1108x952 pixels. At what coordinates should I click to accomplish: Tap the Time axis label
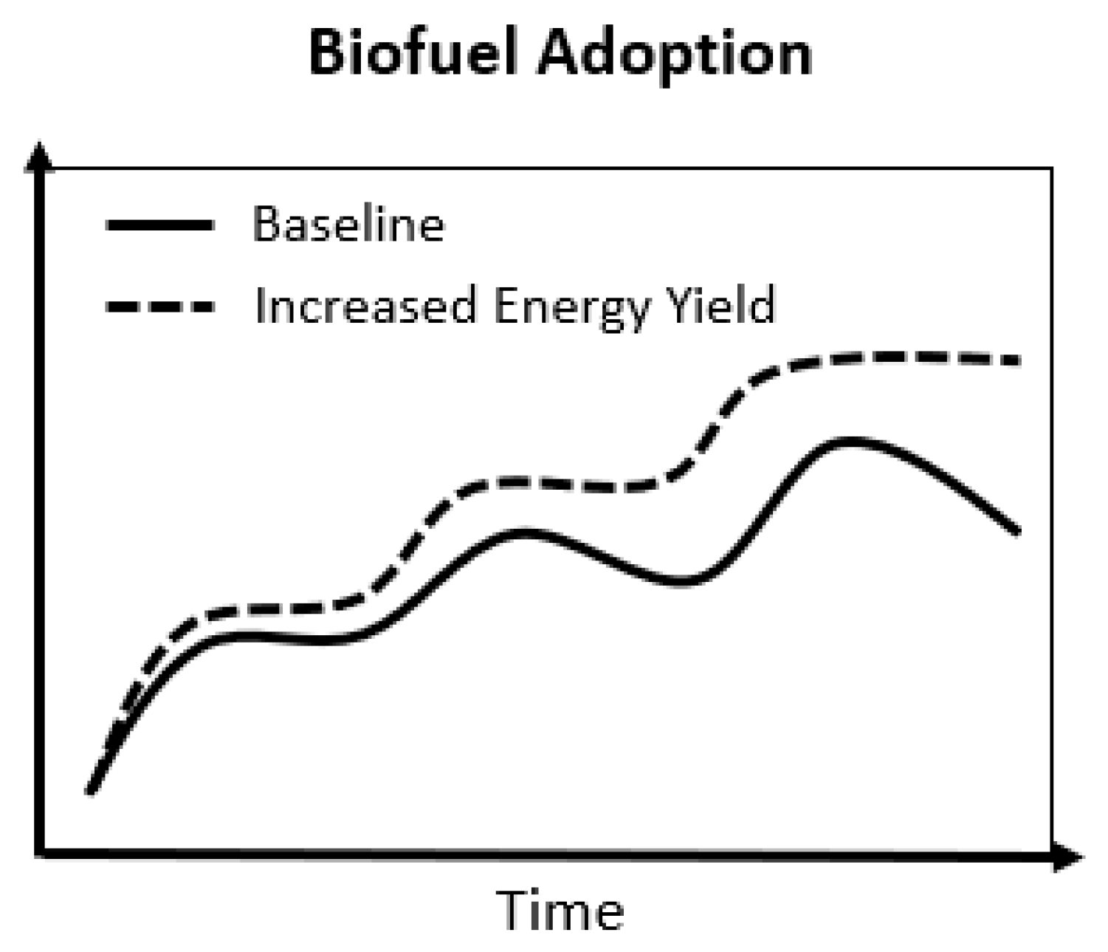(561, 910)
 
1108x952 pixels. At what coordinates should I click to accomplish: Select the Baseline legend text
(348, 224)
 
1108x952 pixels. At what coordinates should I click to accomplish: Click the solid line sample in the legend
(159, 225)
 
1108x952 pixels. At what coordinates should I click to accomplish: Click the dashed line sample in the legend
(159, 306)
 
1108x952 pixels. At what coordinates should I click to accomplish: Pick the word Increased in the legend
(365, 305)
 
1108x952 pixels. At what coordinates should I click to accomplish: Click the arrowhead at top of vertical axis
(40, 157)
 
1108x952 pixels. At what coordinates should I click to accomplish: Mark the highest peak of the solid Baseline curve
(850, 441)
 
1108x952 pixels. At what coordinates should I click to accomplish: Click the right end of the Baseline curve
(1017, 530)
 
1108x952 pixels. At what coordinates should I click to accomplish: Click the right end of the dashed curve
(1017, 361)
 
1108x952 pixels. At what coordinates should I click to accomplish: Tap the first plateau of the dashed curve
(273, 609)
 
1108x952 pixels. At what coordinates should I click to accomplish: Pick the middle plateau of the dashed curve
(561, 484)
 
